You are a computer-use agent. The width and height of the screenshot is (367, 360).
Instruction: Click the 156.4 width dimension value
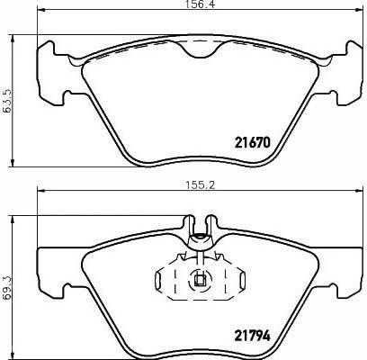pyautogui.click(x=199, y=4)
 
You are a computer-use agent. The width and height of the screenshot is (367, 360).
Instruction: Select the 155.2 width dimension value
pyautogui.click(x=199, y=185)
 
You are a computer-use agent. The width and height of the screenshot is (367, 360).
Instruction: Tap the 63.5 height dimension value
pyautogui.click(x=5, y=100)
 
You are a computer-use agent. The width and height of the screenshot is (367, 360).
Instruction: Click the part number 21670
pyautogui.click(x=253, y=142)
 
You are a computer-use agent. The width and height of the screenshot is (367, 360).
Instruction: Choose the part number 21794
pyautogui.click(x=253, y=336)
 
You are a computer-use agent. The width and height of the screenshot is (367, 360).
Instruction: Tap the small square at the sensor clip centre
pyautogui.click(x=200, y=281)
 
